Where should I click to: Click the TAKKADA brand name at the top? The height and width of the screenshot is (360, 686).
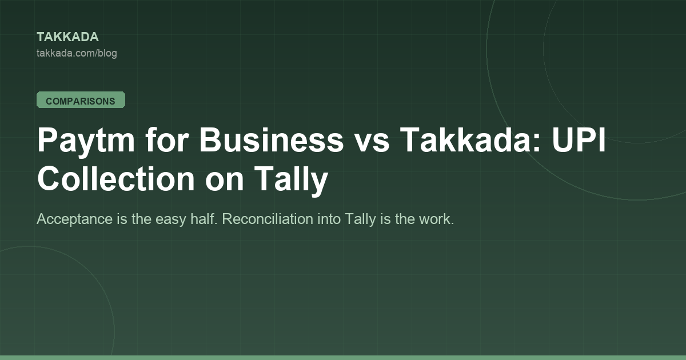[x=67, y=37]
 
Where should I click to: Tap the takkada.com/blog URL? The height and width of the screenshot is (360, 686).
[x=77, y=53]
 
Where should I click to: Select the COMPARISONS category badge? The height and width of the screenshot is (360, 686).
[x=81, y=100]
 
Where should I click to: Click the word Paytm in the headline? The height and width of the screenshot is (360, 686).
[x=86, y=140]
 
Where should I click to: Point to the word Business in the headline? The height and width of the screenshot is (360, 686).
[x=272, y=139]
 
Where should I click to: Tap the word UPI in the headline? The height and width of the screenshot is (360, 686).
[x=579, y=139]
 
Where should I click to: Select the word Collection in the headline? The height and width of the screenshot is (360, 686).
[x=115, y=178]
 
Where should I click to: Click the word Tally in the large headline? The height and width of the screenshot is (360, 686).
[x=291, y=181]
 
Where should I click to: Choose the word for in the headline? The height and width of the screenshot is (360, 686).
[x=167, y=139]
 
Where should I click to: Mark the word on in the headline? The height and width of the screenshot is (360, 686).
[x=224, y=182]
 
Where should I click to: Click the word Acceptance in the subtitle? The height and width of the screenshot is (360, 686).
[x=74, y=219]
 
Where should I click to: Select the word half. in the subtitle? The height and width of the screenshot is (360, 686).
[x=204, y=219]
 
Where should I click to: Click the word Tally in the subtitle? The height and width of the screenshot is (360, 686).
[x=361, y=219]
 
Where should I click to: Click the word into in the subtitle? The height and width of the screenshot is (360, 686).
[x=329, y=219]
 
